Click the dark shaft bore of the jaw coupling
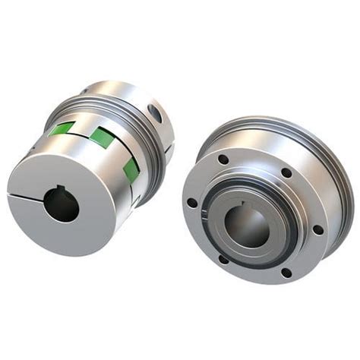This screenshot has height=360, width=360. click(61, 205)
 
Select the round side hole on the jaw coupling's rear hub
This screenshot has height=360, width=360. click(156, 114)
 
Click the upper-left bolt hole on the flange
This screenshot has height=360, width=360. click(223, 159)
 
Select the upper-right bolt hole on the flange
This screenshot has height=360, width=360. click(286, 173)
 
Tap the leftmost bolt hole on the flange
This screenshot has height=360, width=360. click(192, 203)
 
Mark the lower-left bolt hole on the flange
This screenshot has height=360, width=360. click(223, 259)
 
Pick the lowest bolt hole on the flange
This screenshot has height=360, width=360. click(286, 273)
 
